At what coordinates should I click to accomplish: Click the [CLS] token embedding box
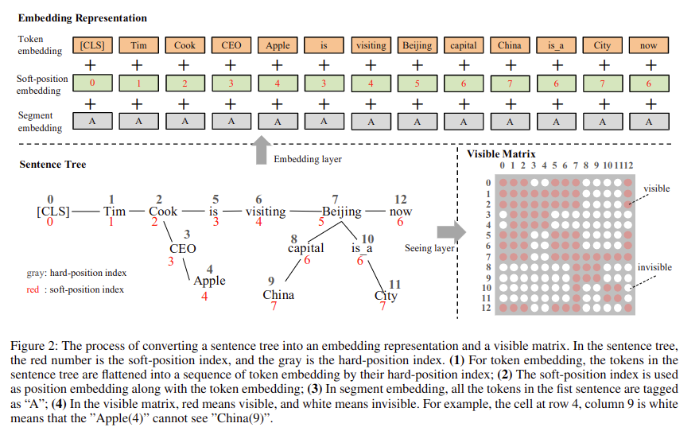(92, 45)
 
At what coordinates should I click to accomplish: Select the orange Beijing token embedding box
(417, 45)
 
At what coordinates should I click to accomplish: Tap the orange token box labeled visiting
(371, 45)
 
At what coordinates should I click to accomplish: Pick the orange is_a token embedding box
(556, 45)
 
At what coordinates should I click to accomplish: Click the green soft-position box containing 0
(92, 83)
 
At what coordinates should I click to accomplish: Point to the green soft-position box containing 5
(417, 83)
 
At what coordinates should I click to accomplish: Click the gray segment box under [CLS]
(92, 121)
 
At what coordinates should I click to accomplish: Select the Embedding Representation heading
(83, 18)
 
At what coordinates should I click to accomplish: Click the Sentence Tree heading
(52, 165)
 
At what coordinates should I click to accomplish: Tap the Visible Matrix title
(501, 154)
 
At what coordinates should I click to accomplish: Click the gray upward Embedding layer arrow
(262, 150)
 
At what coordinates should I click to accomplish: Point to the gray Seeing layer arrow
(451, 231)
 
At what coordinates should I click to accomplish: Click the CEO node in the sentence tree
(183, 249)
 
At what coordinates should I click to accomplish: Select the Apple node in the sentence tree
(209, 281)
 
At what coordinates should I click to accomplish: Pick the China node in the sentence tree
(278, 295)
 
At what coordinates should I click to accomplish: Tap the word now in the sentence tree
(401, 212)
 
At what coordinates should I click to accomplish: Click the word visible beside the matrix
(657, 188)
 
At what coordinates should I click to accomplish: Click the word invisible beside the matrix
(654, 267)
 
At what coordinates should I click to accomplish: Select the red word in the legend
(33, 289)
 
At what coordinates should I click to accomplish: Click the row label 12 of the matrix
(486, 308)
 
